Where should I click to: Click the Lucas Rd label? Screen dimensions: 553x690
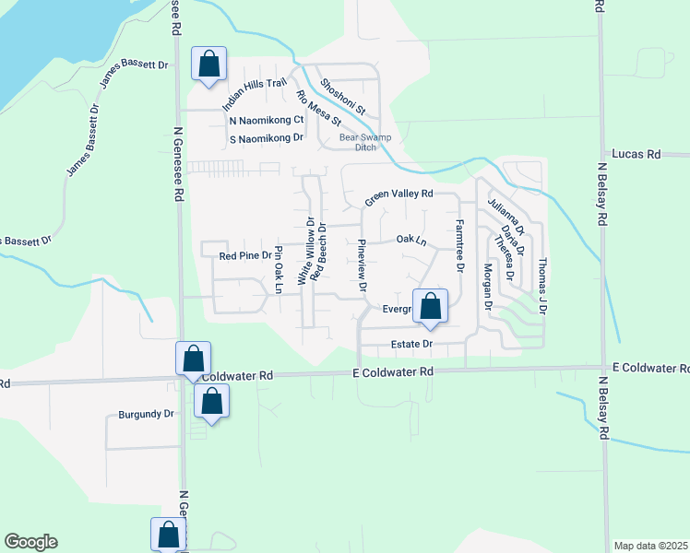pyautogui.click(x=636, y=155)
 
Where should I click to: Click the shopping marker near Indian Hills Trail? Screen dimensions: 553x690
pyautogui.click(x=209, y=65)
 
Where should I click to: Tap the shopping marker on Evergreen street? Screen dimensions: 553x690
pyautogui.click(x=430, y=308)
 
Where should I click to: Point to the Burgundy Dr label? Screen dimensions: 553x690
pyautogui.click(x=146, y=415)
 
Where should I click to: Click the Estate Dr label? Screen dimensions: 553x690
pyautogui.click(x=411, y=344)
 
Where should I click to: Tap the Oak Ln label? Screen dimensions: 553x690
pyautogui.click(x=411, y=240)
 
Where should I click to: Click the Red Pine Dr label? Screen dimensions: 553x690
pyautogui.click(x=244, y=255)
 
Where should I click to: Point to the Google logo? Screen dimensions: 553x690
pyautogui.click(x=30, y=542)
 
